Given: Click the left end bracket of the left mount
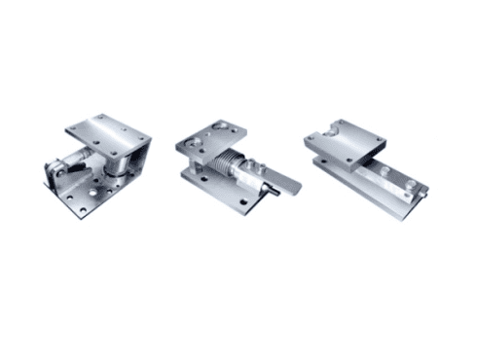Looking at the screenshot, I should [x=58, y=175].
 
